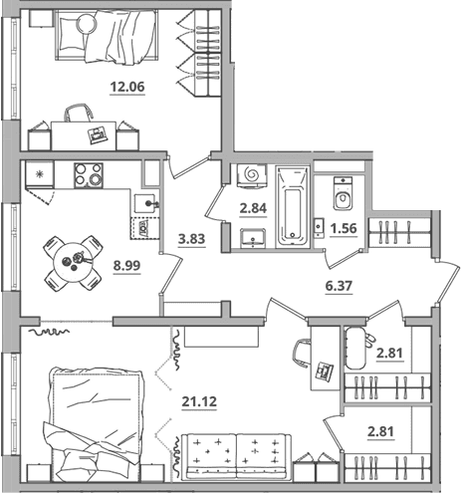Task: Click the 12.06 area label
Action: tap(127, 87)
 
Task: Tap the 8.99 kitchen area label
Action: tap(126, 265)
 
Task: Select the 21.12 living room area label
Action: tap(199, 401)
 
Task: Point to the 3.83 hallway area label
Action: tap(191, 239)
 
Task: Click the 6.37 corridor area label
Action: tap(339, 285)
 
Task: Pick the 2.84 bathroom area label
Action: tap(253, 208)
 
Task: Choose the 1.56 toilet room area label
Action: tap(344, 228)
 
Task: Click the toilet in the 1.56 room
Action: tap(344, 193)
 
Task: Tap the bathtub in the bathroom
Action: tap(293, 207)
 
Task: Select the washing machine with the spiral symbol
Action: tap(252, 175)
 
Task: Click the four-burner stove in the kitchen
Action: tap(89, 175)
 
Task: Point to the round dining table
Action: tap(74, 263)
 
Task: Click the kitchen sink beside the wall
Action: tap(146, 203)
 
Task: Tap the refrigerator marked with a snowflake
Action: tap(40, 174)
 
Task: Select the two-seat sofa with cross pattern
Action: tap(237, 456)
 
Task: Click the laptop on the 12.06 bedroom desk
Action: tap(98, 135)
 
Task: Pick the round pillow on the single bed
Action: tap(87, 24)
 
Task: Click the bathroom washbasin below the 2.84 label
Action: tap(253, 238)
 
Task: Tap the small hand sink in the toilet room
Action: tap(319, 227)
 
